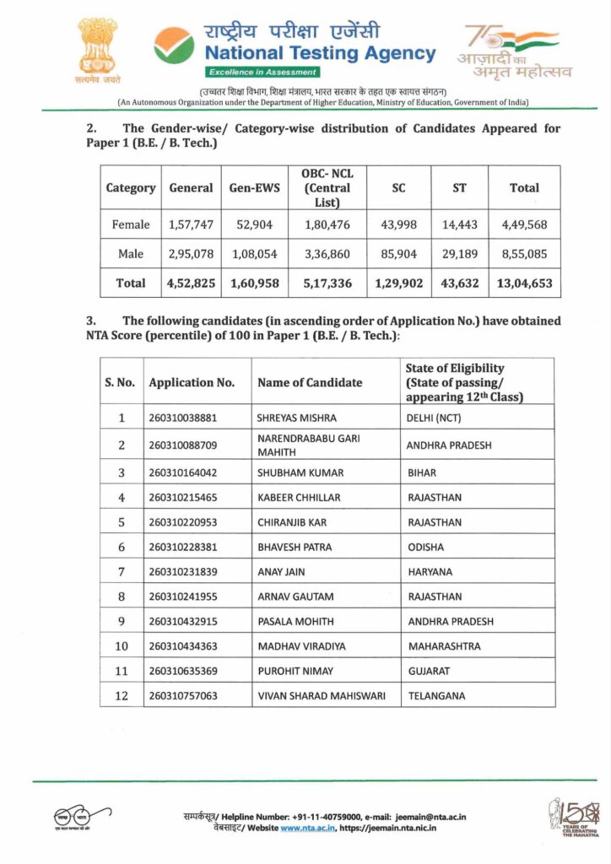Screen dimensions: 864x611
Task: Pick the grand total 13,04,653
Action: [524, 283]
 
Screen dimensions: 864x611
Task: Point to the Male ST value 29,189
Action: [459, 254]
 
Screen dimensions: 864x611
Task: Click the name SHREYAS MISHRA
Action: [296, 418]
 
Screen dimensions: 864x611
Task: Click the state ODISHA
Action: [425, 547]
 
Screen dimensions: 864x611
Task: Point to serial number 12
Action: [122, 695]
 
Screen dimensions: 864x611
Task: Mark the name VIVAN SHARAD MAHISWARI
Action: [321, 696]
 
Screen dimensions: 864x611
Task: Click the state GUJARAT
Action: [429, 671]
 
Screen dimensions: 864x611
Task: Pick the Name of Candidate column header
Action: [310, 382]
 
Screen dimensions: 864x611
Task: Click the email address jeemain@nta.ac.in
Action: [430, 817]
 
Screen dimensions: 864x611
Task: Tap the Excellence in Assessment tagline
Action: [250, 73]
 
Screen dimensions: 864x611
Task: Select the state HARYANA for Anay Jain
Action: [430, 572]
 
